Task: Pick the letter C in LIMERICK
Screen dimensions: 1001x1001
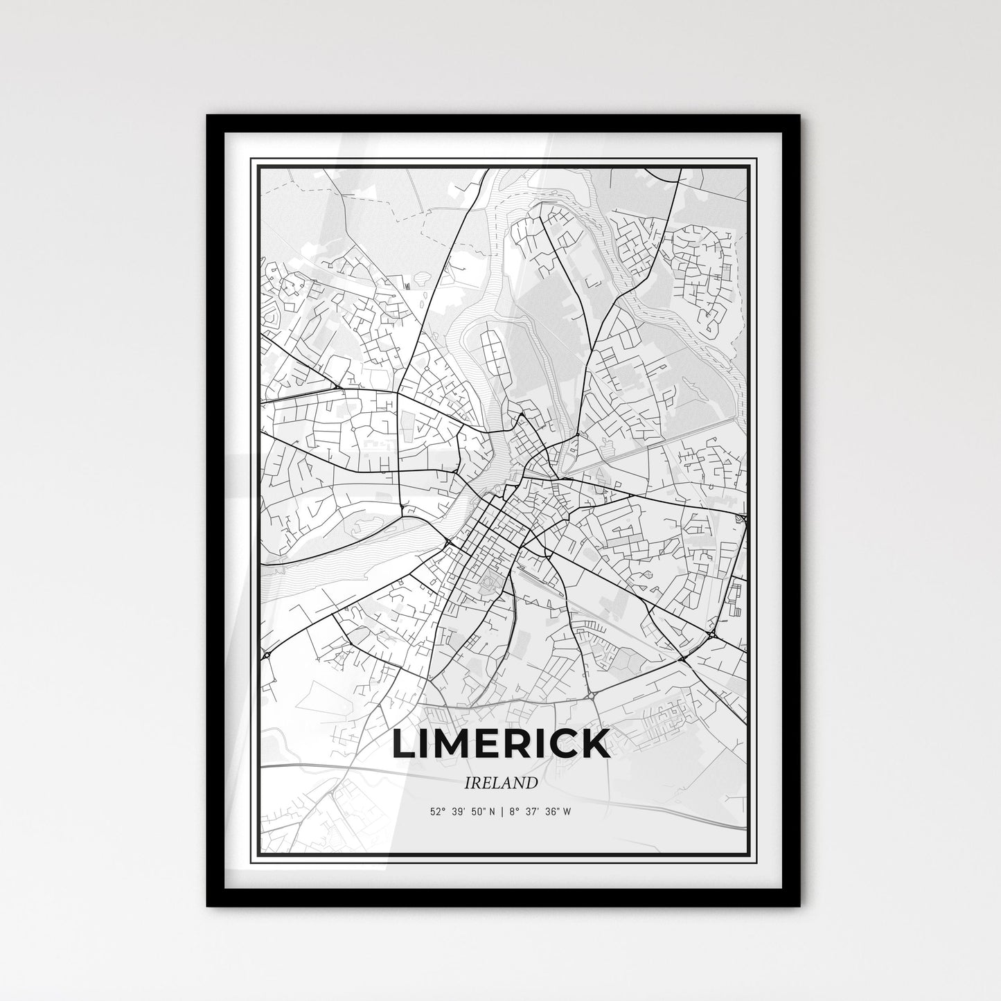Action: [x=562, y=743]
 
